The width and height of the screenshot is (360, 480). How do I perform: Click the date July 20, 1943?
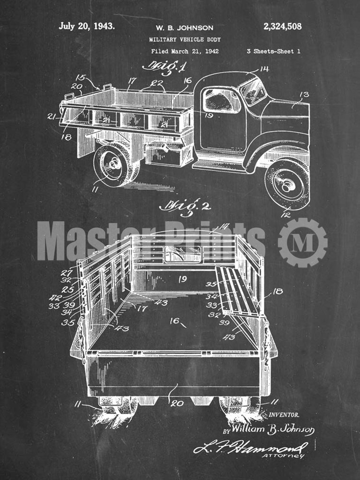point(86,26)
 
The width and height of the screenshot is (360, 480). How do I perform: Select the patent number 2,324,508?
point(283,27)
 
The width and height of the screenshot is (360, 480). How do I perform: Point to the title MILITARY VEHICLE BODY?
point(185,39)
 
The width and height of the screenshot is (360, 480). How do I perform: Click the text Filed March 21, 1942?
point(185,51)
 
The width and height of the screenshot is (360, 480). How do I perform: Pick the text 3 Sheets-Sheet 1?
point(273,51)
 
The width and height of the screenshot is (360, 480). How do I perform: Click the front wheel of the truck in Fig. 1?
point(287,184)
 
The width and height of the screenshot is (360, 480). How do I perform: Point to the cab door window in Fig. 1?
point(221,100)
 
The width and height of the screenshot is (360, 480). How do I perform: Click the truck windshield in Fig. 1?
point(254,91)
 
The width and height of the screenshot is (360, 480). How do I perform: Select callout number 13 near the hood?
point(304,95)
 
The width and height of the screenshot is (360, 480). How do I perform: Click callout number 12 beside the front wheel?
point(285,215)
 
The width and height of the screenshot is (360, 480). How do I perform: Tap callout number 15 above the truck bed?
point(80,77)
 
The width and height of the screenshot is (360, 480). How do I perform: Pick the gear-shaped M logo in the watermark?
point(302,242)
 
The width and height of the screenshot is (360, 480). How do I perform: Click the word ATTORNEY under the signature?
point(290,456)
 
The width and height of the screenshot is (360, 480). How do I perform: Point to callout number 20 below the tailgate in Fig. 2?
point(177,403)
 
